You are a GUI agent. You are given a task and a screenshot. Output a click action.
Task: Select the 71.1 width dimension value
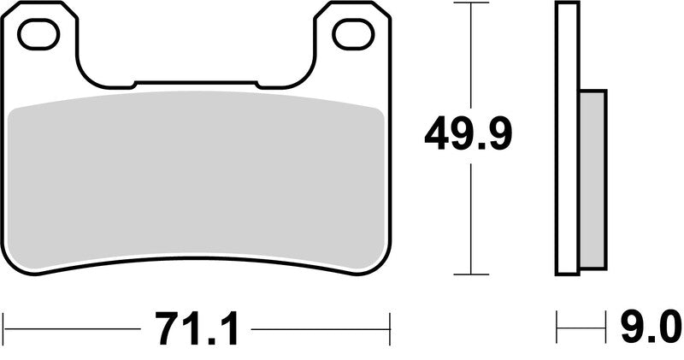197,328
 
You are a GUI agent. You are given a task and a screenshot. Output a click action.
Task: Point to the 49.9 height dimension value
469,134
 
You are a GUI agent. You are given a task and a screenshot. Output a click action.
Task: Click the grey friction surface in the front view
195,180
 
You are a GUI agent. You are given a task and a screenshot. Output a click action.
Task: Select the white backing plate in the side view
568,137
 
